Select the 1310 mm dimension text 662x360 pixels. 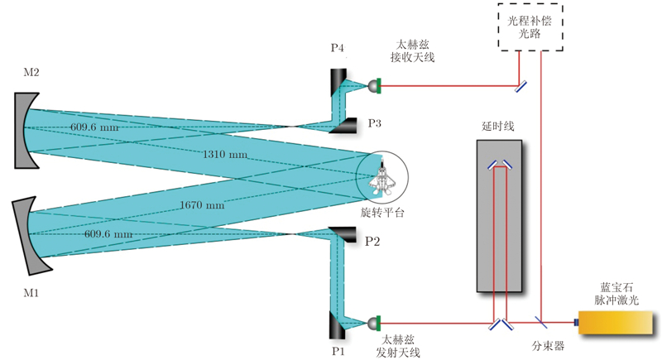point(223,155)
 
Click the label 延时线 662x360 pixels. point(498,126)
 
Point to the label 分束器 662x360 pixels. point(547,346)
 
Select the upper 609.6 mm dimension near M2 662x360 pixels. point(94,127)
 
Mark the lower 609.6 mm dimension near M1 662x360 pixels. point(108,234)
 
